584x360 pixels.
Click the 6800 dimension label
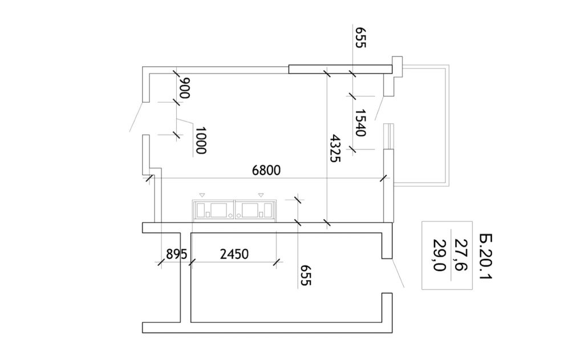pos(266,171)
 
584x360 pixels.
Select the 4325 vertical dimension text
pos(335,148)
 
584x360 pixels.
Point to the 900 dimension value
pos(184,88)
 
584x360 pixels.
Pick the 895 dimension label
pos(176,254)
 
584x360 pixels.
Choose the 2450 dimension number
pos(234,254)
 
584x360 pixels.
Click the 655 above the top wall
pos(360,37)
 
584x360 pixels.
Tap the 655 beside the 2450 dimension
pos(306,275)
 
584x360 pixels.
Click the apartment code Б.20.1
pos(486,257)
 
